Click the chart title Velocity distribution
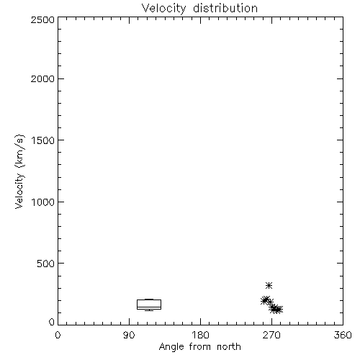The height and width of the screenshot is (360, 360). [x=199, y=9]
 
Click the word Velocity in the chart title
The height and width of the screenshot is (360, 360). [x=163, y=9]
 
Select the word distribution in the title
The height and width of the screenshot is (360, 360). [x=225, y=8]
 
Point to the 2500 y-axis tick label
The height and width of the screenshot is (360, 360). [x=42, y=19]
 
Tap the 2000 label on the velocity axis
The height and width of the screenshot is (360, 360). [x=42, y=78]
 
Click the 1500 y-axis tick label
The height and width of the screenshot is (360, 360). [x=43, y=140]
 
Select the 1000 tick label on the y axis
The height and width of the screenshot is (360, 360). [x=43, y=202]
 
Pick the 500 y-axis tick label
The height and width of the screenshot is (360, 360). [x=46, y=264]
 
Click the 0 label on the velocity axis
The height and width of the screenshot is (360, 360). [x=52, y=322]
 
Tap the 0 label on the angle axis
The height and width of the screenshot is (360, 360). [x=58, y=335]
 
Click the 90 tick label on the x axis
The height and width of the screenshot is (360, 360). [x=129, y=335]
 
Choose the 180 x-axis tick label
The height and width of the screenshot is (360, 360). [x=200, y=335]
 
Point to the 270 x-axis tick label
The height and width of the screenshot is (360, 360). [x=271, y=335]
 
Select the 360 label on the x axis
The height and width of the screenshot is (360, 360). [x=343, y=335]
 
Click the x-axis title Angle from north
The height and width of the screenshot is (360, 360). [x=200, y=347]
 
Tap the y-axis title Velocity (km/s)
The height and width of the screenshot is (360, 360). [x=20, y=171]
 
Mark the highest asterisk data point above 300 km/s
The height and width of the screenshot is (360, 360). [x=269, y=285]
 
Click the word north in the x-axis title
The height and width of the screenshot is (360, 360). [x=229, y=347]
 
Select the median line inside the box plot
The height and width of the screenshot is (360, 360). [x=149, y=307]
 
